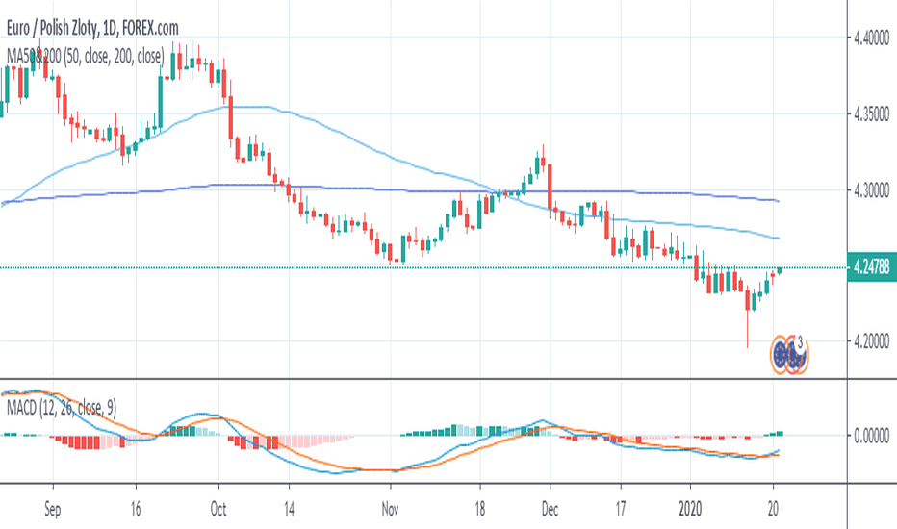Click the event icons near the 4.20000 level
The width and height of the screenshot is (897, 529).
(x=787, y=355)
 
